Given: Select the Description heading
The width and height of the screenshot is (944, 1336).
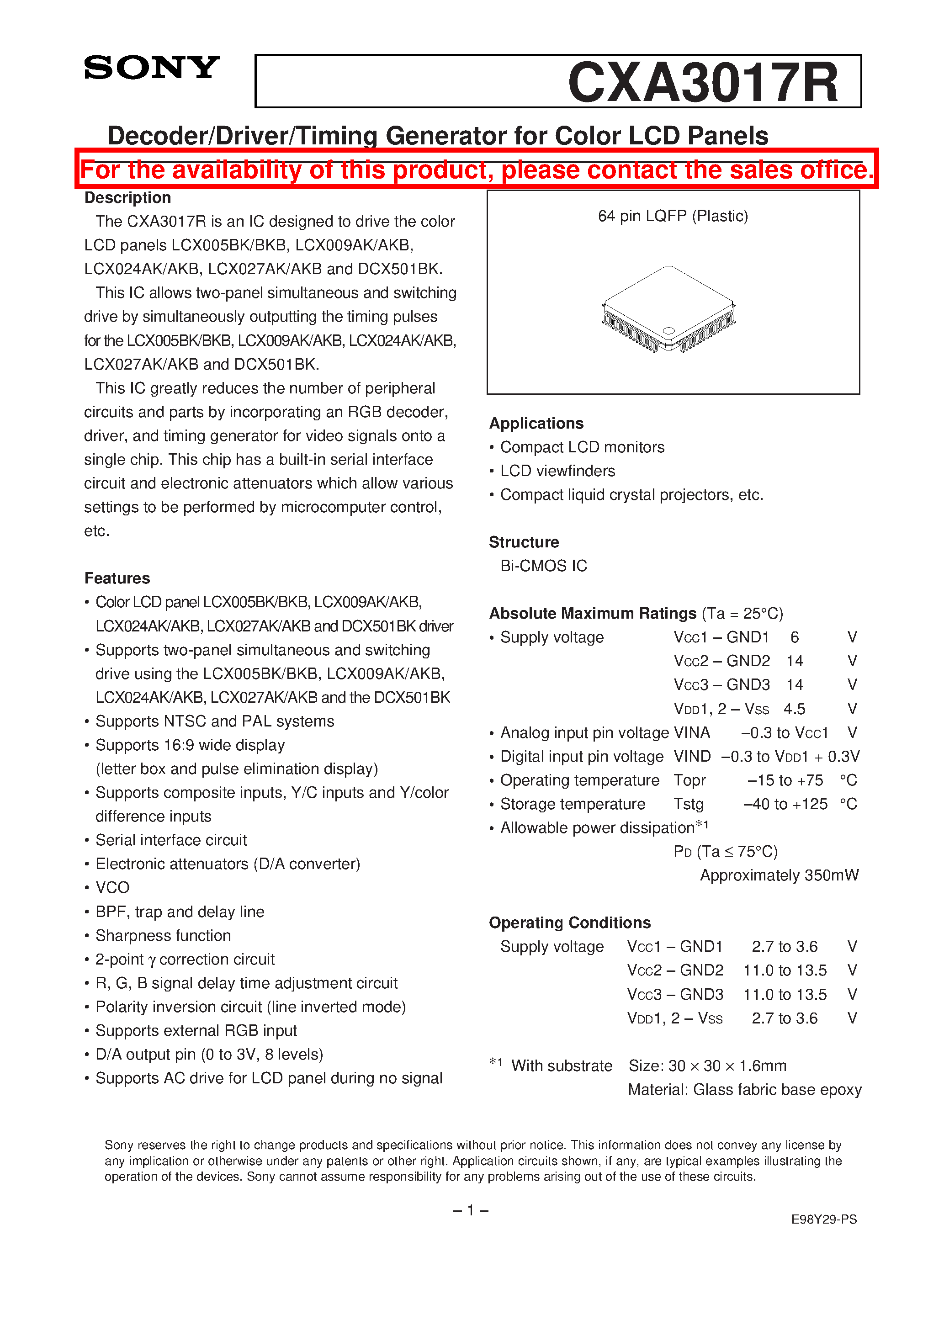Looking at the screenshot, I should (x=127, y=198).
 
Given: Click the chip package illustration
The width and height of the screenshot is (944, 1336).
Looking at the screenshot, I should (x=669, y=309).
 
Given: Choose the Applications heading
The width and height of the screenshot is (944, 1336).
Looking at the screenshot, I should (x=536, y=423).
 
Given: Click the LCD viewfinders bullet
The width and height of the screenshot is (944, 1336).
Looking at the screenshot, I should (x=557, y=471).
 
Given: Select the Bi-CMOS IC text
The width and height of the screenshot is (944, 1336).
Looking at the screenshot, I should (x=544, y=566).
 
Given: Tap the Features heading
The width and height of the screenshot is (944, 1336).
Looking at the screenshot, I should (x=117, y=578).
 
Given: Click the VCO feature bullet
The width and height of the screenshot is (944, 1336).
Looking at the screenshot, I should (x=112, y=887).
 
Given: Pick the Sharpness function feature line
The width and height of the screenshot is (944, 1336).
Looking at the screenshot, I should (x=163, y=935).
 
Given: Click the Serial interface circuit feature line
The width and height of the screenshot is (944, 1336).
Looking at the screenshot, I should (x=171, y=840).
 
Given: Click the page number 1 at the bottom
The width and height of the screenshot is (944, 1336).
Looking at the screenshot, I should (x=470, y=1210).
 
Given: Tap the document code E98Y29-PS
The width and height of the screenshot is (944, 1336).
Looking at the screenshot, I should (x=823, y=1219).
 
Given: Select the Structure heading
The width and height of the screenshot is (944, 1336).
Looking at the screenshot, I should (x=523, y=542).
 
